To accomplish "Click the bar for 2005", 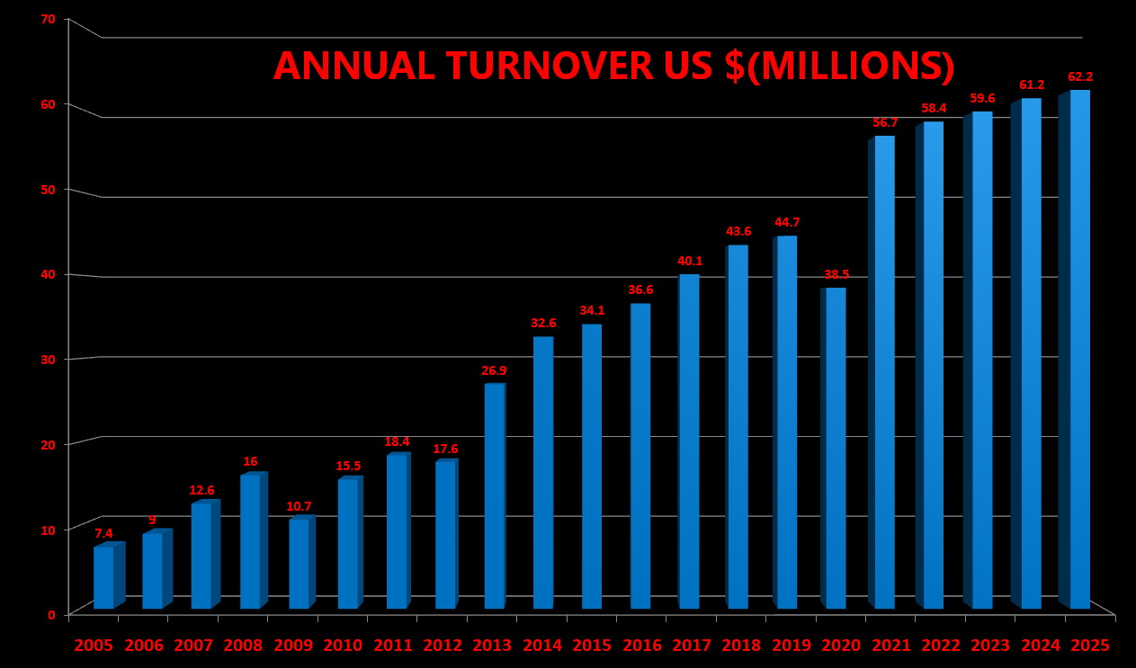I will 103,577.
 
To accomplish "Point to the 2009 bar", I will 299,564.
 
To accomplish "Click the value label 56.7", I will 885,123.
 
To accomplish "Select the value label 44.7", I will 787,223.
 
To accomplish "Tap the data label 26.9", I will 495,370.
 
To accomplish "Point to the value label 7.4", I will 104,533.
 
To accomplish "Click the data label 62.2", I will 1080,77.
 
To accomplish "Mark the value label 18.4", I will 397,442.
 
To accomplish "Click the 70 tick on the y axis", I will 49,19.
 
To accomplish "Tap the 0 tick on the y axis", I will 52,615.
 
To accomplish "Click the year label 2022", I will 941,646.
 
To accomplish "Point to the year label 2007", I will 193,646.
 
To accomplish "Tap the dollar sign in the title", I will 735,67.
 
